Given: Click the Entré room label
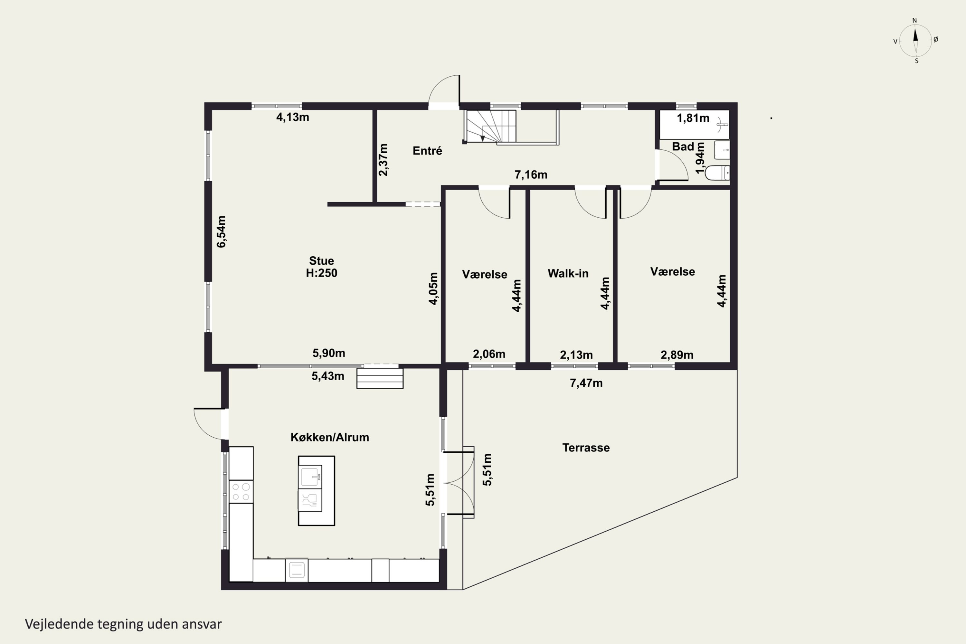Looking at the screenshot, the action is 427,151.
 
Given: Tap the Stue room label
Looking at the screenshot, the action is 321,261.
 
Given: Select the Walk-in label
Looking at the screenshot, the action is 568,273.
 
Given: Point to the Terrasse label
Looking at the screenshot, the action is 586,448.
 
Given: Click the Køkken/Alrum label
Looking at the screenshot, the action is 330,437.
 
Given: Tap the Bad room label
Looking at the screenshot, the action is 683,147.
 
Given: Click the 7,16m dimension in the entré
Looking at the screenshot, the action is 531,175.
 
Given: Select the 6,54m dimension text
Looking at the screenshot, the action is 222,232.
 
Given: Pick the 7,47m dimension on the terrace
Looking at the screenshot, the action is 586,383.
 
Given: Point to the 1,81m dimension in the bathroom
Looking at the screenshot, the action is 693,118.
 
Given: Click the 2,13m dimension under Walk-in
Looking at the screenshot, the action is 576,355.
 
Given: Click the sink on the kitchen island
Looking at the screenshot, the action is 310,477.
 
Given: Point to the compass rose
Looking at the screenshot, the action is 915,41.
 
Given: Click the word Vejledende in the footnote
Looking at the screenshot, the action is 59,624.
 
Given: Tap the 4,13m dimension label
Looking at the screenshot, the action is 292,118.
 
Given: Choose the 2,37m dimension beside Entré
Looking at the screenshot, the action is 383,160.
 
